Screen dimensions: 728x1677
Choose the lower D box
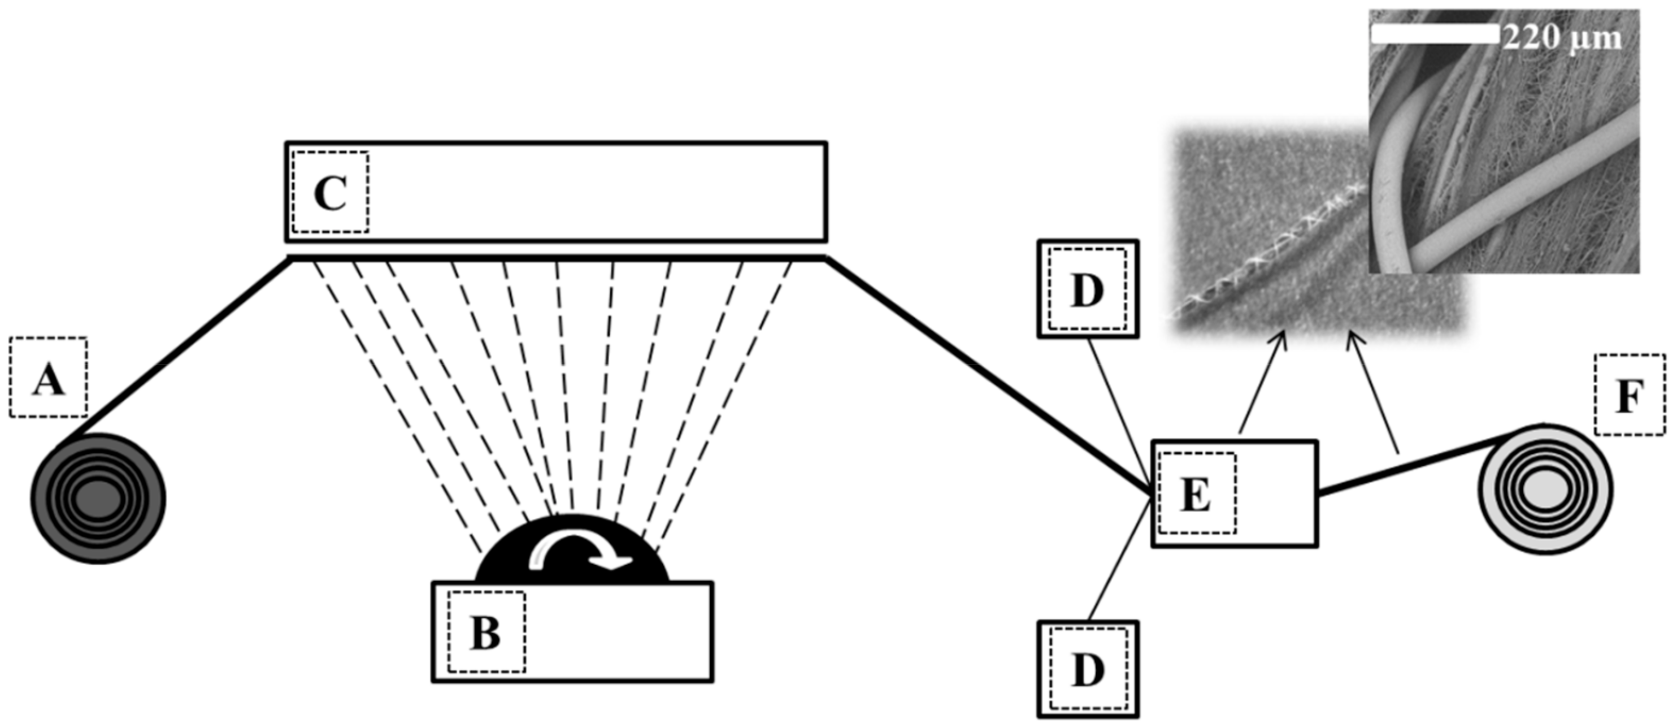point(1088,669)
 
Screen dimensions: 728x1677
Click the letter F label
point(1630,395)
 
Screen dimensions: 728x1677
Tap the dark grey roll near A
point(98,498)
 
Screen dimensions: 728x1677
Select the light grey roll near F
point(1545,489)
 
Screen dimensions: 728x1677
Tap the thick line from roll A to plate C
point(183,345)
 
